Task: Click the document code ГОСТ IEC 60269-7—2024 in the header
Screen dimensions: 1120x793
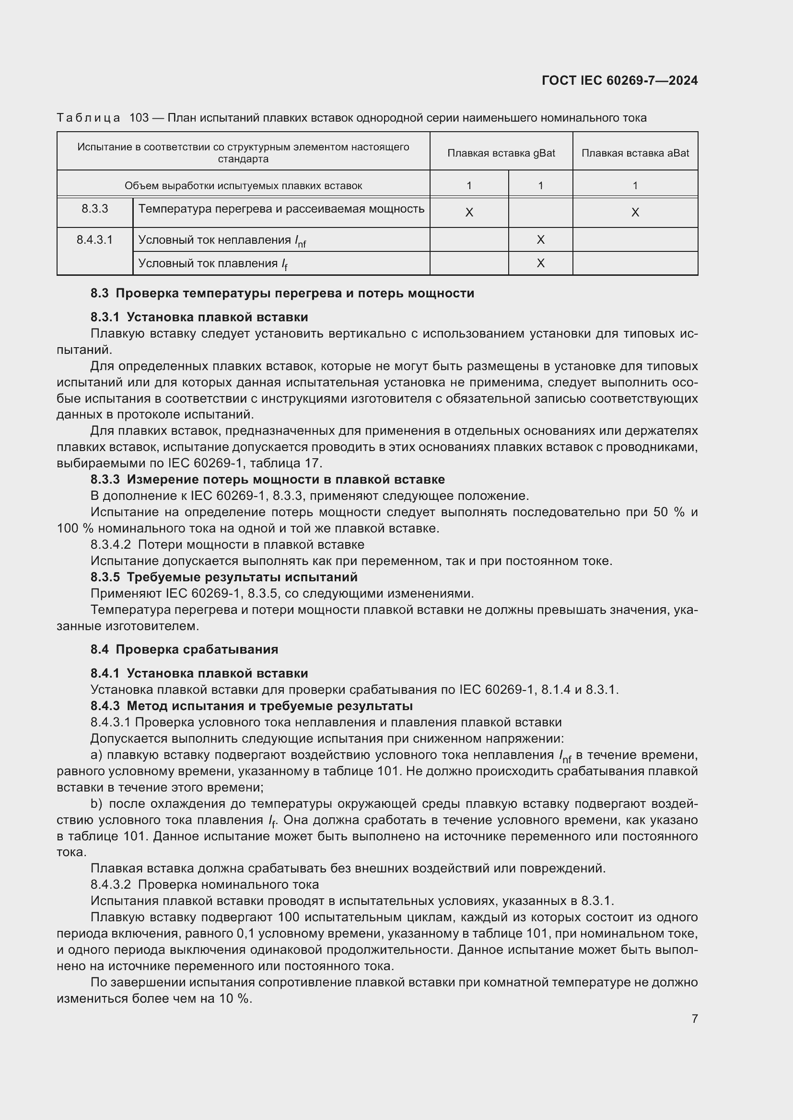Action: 619,80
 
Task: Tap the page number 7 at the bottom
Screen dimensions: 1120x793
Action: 694,1018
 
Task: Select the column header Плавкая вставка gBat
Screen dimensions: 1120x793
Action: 501,153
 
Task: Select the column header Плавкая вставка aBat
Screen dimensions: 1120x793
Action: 635,153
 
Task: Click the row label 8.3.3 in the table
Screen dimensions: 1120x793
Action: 95,209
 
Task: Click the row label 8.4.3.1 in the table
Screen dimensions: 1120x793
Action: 95,239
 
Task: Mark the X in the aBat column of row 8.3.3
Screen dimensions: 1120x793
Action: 635,212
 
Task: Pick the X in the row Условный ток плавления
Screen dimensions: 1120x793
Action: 540,263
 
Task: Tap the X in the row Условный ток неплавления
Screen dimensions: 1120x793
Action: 540,239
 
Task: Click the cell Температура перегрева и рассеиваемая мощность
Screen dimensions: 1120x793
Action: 281,209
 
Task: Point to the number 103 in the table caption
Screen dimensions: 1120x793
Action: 139,118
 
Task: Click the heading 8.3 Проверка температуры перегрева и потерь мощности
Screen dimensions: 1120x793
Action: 282,293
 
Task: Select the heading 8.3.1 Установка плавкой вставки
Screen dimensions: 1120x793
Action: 199,317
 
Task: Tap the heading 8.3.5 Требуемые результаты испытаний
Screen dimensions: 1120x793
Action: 223,577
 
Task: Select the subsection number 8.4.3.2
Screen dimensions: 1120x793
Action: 111,884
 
